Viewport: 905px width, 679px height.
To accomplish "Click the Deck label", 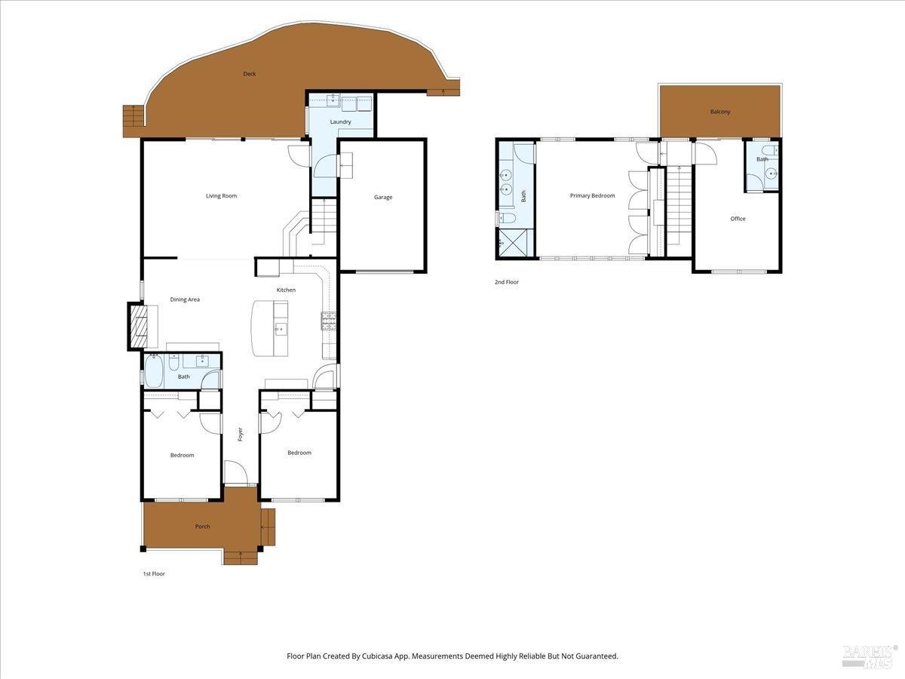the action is [x=250, y=74].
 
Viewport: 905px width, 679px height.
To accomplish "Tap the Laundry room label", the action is [x=340, y=121].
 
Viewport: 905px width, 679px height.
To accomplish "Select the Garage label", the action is [x=383, y=197].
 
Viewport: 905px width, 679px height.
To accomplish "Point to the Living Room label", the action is [x=222, y=196].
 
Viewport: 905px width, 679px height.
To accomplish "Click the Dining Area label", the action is [x=185, y=300].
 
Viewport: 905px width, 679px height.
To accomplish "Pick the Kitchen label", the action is [x=286, y=290].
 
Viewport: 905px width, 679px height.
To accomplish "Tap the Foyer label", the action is [x=240, y=434].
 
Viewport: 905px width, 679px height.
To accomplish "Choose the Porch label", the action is [x=202, y=527].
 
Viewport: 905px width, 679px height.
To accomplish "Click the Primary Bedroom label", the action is [x=593, y=195].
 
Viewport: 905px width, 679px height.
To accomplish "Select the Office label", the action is [x=738, y=219].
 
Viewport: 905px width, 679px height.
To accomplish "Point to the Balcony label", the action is [x=720, y=112].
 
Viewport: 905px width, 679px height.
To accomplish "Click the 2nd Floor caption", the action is [x=507, y=282].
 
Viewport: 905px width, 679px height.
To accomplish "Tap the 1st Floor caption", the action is [x=154, y=573].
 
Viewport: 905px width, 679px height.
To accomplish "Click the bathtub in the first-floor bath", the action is [x=154, y=370].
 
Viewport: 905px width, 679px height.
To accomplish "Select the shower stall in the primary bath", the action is [x=513, y=243].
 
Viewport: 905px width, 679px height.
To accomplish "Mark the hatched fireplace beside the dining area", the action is [x=139, y=326].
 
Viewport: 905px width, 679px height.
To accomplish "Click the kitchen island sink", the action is [x=281, y=330].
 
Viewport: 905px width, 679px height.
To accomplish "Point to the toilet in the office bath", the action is [x=769, y=150].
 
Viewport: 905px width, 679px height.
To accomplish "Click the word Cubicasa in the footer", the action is [x=377, y=656].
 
